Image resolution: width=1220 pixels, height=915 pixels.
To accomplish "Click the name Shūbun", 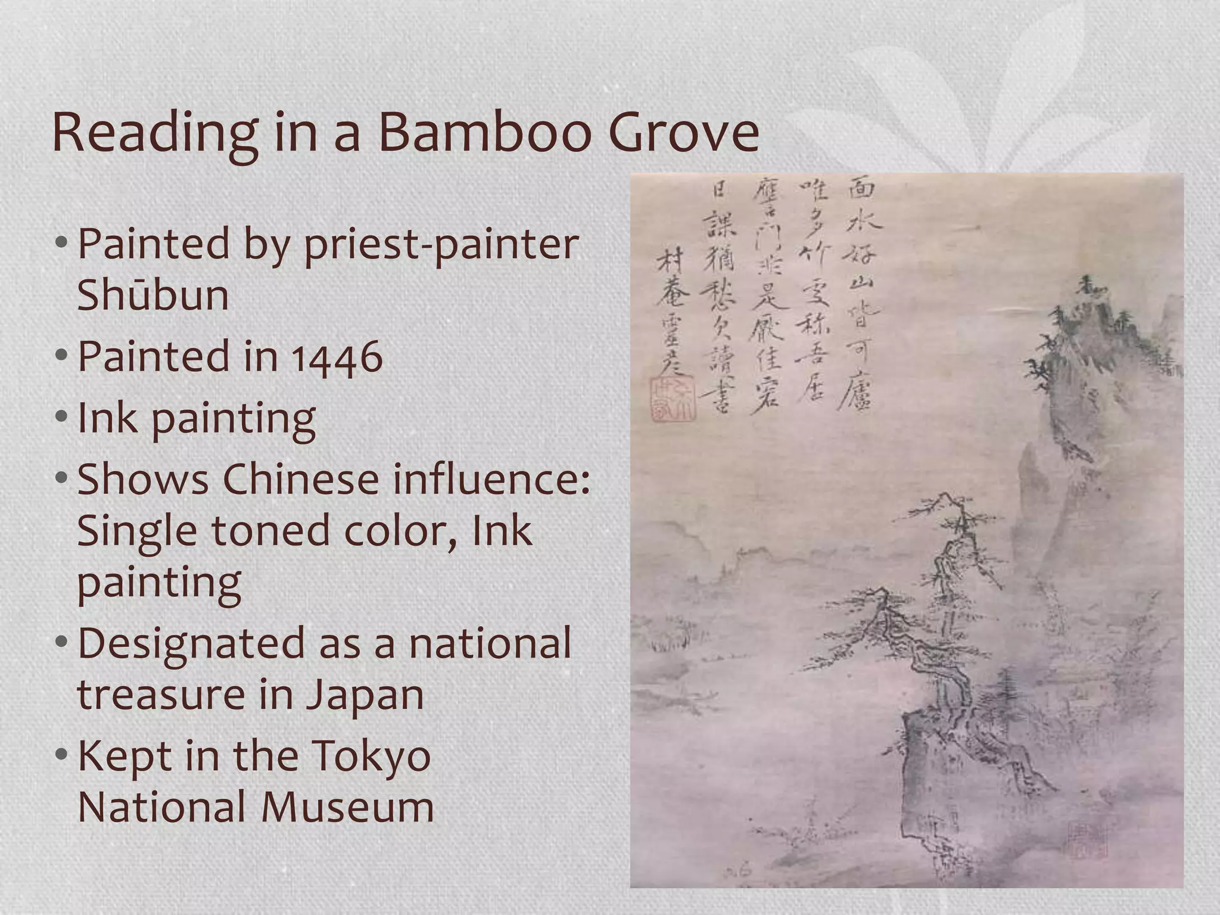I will coord(152,295).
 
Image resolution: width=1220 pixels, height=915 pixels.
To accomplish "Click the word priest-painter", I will coord(441,244).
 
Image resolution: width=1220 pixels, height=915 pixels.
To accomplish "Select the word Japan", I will coord(365,695).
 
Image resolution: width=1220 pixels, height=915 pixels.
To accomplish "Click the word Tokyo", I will coord(372,755).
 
